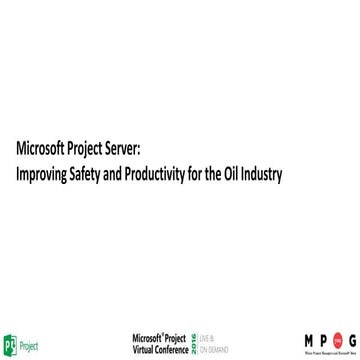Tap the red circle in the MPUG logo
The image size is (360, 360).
(x=322, y=338)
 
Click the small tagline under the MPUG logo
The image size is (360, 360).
(x=313, y=352)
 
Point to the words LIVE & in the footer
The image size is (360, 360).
(x=209, y=338)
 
